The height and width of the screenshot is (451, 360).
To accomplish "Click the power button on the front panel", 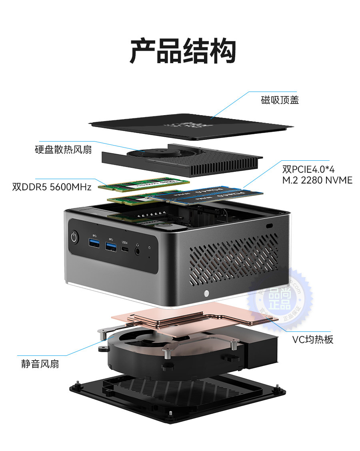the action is [x=74, y=237].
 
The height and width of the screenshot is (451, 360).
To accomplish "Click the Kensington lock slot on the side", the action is [x=269, y=226].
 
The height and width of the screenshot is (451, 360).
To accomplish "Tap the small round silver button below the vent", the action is [x=206, y=293].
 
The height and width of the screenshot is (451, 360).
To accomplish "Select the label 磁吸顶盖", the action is [x=280, y=100].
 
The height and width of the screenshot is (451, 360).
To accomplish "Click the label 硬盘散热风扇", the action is [x=63, y=150].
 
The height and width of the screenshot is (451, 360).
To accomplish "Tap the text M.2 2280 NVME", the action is [x=317, y=180].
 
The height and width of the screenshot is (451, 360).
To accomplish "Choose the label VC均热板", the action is [x=312, y=339].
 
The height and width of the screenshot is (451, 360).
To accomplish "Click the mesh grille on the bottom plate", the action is [x=160, y=394].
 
